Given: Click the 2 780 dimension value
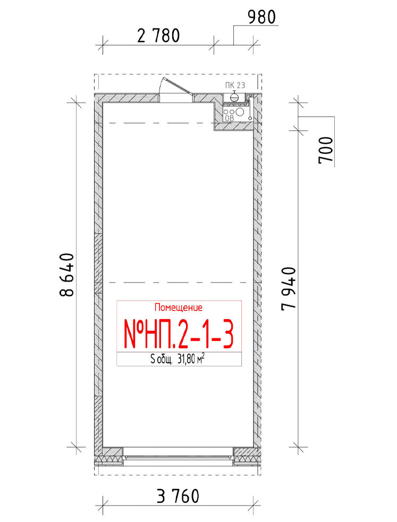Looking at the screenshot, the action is tap(158, 36).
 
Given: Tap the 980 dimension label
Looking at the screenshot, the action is tap(262, 17).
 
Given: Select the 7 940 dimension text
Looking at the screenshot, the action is tap(289, 289).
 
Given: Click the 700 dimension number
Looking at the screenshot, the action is tap(326, 150).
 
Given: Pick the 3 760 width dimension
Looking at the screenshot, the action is tap(178, 496).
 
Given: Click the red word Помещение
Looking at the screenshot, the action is tap(179, 307).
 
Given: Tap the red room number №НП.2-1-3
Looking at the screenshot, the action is tap(179, 333).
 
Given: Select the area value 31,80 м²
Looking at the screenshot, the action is tap(191, 359).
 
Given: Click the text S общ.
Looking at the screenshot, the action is tap(161, 360).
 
